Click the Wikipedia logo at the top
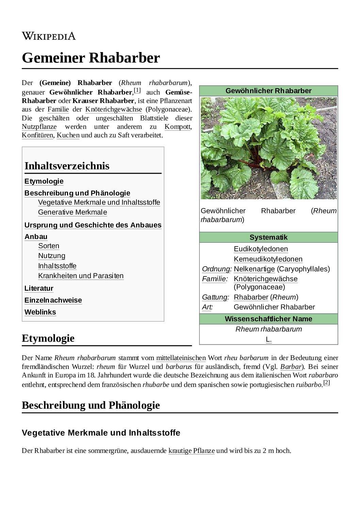tap(49, 36)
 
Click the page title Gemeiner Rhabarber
tap(91, 58)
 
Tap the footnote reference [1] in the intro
tap(137, 90)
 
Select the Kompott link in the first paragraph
tap(178, 127)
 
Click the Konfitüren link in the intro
tap(37, 135)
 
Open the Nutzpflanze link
tap(39, 127)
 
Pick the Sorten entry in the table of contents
tap(49, 246)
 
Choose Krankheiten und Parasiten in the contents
tap(81, 276)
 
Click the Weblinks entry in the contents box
tap(40, 312)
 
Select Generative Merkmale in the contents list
tap(72, 212)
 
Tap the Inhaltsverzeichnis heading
tap(67, 166)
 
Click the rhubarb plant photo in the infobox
tap(268, 148)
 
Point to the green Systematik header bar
tap(268, 237)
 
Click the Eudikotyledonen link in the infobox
tap(261, 249)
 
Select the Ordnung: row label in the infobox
tap(216, 269)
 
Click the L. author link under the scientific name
tap(268, 339)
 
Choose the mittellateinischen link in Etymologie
tap(181, 358)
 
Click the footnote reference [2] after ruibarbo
tap(327, 383)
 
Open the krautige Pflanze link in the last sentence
tap(191, 451)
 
